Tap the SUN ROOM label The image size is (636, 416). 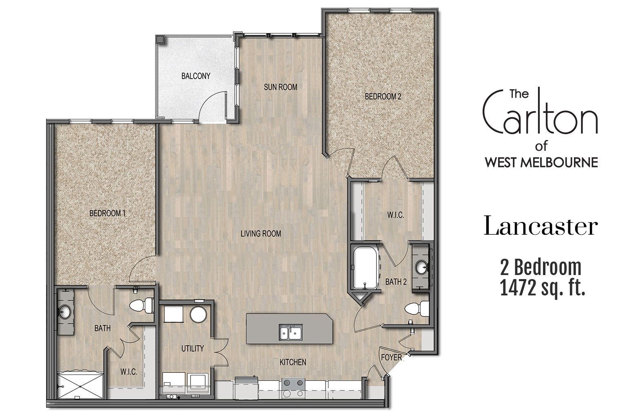pyautogui.click(x=280, y=87)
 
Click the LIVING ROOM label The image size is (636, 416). pyautogui.click(x=261, y=233)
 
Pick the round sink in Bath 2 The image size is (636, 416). pyautogui.click(x=421, y=268)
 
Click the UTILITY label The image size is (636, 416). pyautogui.click(x=192, y=348)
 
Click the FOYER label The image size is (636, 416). pyautogui.click(x=391, y=358)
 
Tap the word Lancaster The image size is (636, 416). pyautogui.click(x=541, y=227)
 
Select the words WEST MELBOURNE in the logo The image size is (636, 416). pyautogui.click(x=541, y=162)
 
